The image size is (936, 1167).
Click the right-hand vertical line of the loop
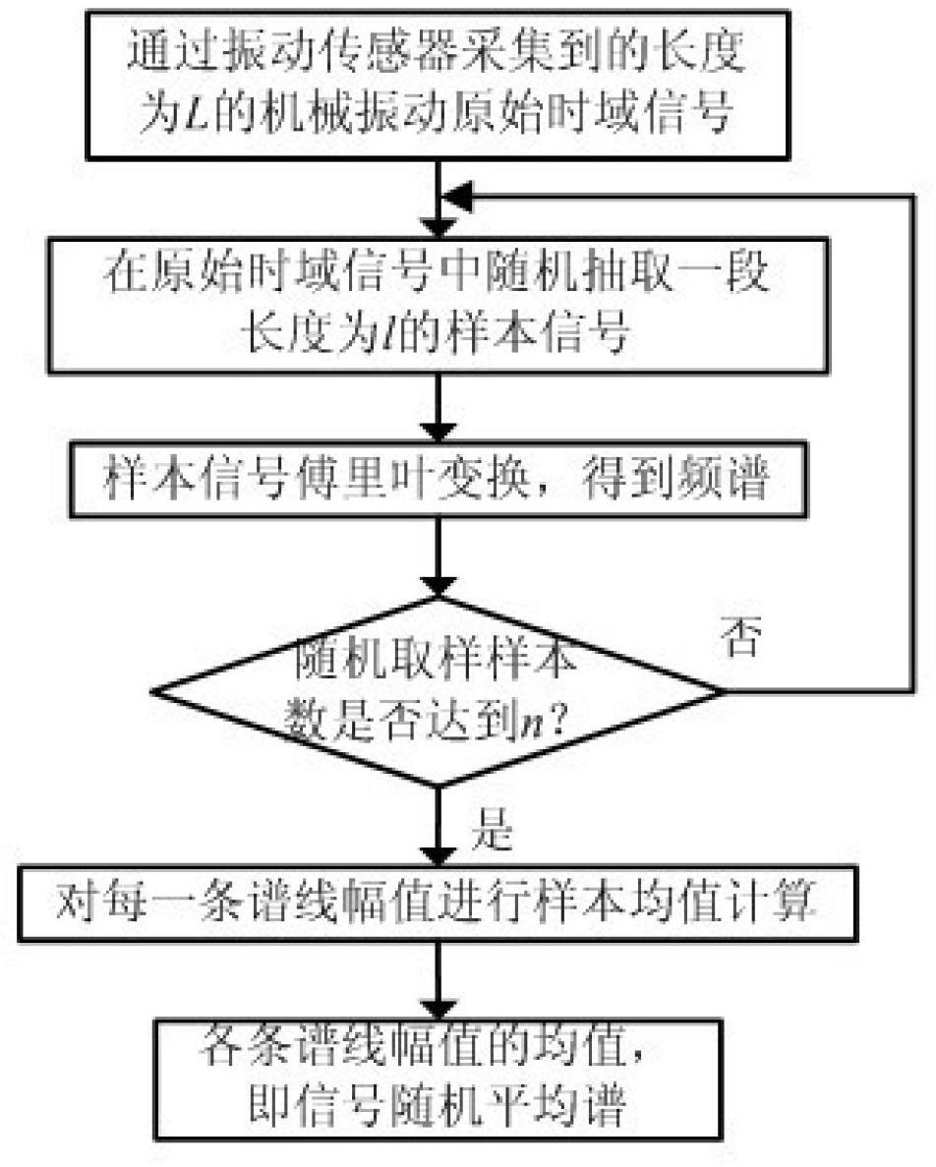(914, 442)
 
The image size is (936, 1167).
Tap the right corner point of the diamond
(723, 691)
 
